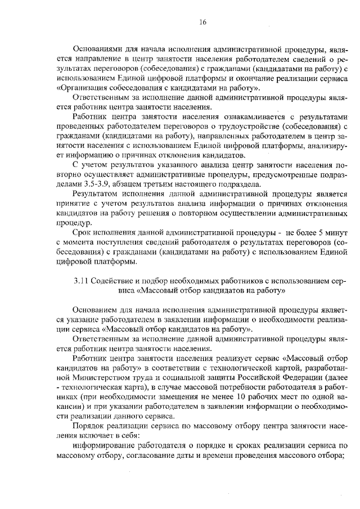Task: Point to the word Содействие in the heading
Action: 112,282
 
